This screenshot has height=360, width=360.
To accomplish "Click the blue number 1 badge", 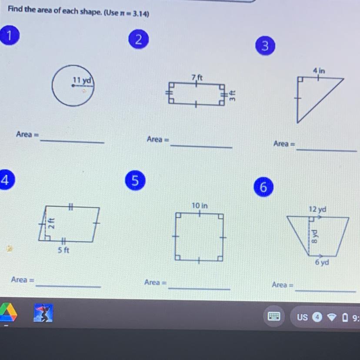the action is pyautogui.click(x=10, y=35).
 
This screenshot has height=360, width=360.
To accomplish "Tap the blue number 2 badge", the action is pyautogui.click(x=138, y=39).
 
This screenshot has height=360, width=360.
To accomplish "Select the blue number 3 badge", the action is pyautogui.click(x=265, y=46).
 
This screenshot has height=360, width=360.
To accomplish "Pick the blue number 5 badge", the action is pyautogui.click(x=135, y=180).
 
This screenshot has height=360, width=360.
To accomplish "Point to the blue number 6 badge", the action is pyautogui.click(x=263, y=187).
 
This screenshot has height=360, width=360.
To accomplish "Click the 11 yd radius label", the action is pyautogui.click(x=82, y=80).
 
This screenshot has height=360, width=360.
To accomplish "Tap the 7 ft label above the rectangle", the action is pyautogui.click(x=197, y=77).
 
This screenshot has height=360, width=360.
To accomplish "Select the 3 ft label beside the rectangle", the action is pyautogui.click(x=232, y=95).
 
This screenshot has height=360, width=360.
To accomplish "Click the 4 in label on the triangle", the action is pyautogui.click(x=319, y=71).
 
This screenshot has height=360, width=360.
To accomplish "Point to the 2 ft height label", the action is pyautogui.click(x=52, y=223).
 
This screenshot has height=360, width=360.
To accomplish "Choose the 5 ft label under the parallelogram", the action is pyautogui.click(x=63, y=250).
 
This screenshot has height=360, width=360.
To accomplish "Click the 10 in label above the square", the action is pyautogui.click(x=200, y=206).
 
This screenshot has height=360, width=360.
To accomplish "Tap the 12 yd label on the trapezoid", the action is pyautogui.click(x=317, y=210).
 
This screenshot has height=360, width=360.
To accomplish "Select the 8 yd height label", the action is pyautogui.click(x=314, y=236).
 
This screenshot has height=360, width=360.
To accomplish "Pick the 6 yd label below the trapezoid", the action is pyautogui.click(x=322, y=262).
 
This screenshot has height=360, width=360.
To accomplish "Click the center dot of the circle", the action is pyautogui.click(x=73, y=86).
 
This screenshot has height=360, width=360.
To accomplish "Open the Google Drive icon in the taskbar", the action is pyautogui.click(x=8, y=312).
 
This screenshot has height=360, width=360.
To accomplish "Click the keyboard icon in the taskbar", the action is pyautogui.click(x=274, y=316).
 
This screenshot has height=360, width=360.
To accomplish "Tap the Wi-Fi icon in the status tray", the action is pyautogui.click(x=331, y=317).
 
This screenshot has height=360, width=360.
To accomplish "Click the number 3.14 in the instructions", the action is pyautogui.click(x=140, y=14).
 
